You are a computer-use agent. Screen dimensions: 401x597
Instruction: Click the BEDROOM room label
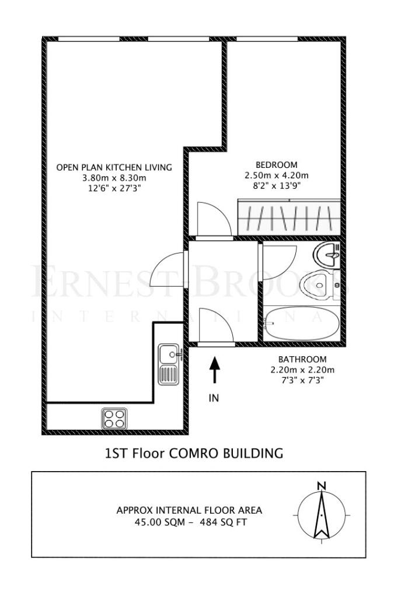[x=276, y=165]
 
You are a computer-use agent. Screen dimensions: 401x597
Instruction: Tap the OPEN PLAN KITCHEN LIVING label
[x=114, y=167]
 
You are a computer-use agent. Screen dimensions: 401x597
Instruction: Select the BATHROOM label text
[x=302, y=359]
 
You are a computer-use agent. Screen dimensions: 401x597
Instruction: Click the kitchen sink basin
[x=169, y=354]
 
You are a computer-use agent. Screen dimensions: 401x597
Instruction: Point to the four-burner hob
[x=114, y=419]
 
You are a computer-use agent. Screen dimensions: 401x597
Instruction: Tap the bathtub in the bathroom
[x=302, y=324]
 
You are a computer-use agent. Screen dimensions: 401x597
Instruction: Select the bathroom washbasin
[x=327, y=254]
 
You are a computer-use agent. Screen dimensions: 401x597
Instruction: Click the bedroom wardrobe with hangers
[x=288, y=217]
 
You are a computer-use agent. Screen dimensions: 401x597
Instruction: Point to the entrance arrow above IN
[x=215, y=369]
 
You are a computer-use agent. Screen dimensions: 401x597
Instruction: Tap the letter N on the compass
[x=322, y=486]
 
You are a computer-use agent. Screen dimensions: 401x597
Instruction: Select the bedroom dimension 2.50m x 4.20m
[x=276, y=175]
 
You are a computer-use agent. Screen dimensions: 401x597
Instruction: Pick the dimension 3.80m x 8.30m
[x=114, y=178]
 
